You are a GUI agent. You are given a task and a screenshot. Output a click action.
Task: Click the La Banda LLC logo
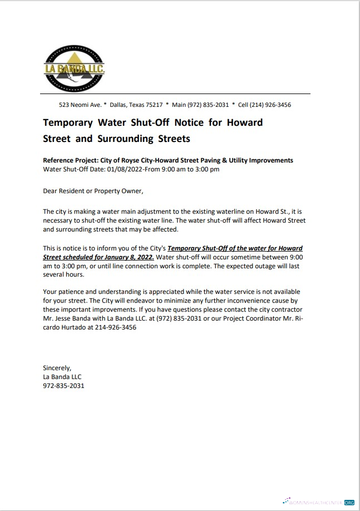point(74,68)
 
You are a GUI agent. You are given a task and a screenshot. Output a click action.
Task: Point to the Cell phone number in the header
point(264,105)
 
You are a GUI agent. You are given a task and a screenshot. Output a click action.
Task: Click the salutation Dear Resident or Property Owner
point(93,191)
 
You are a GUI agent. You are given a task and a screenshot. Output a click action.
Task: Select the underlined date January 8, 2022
point(131,257)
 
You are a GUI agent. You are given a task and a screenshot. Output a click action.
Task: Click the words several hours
point(63,274)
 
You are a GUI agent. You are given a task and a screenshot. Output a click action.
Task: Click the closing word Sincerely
point(57,367)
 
